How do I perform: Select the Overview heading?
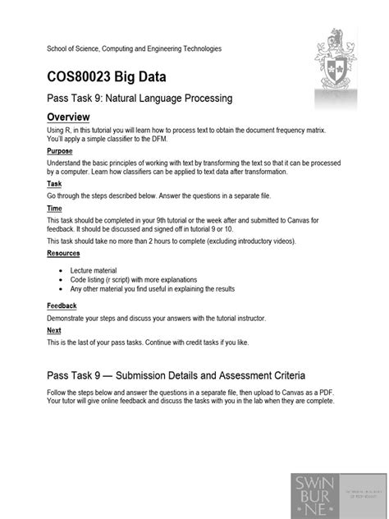point(73,117)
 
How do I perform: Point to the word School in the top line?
point(57,49)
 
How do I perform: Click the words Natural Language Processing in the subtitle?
point(168,99)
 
